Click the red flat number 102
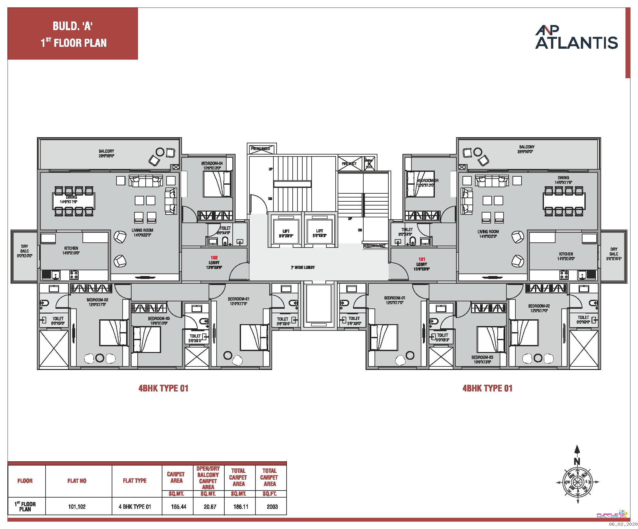(x=214, y=257)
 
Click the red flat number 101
(x=422, y=259)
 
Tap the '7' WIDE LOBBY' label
(x=303, y=267)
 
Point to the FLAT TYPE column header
(x=134, y=481)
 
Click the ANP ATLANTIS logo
(x=576, y=39)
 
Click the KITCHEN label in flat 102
(x=71, y=248)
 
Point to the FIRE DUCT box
(x=349, y=164)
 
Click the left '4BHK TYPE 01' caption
(x=163, y=388)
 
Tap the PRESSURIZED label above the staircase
(x=260, y=149)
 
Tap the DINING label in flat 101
(x=563, y=178)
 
